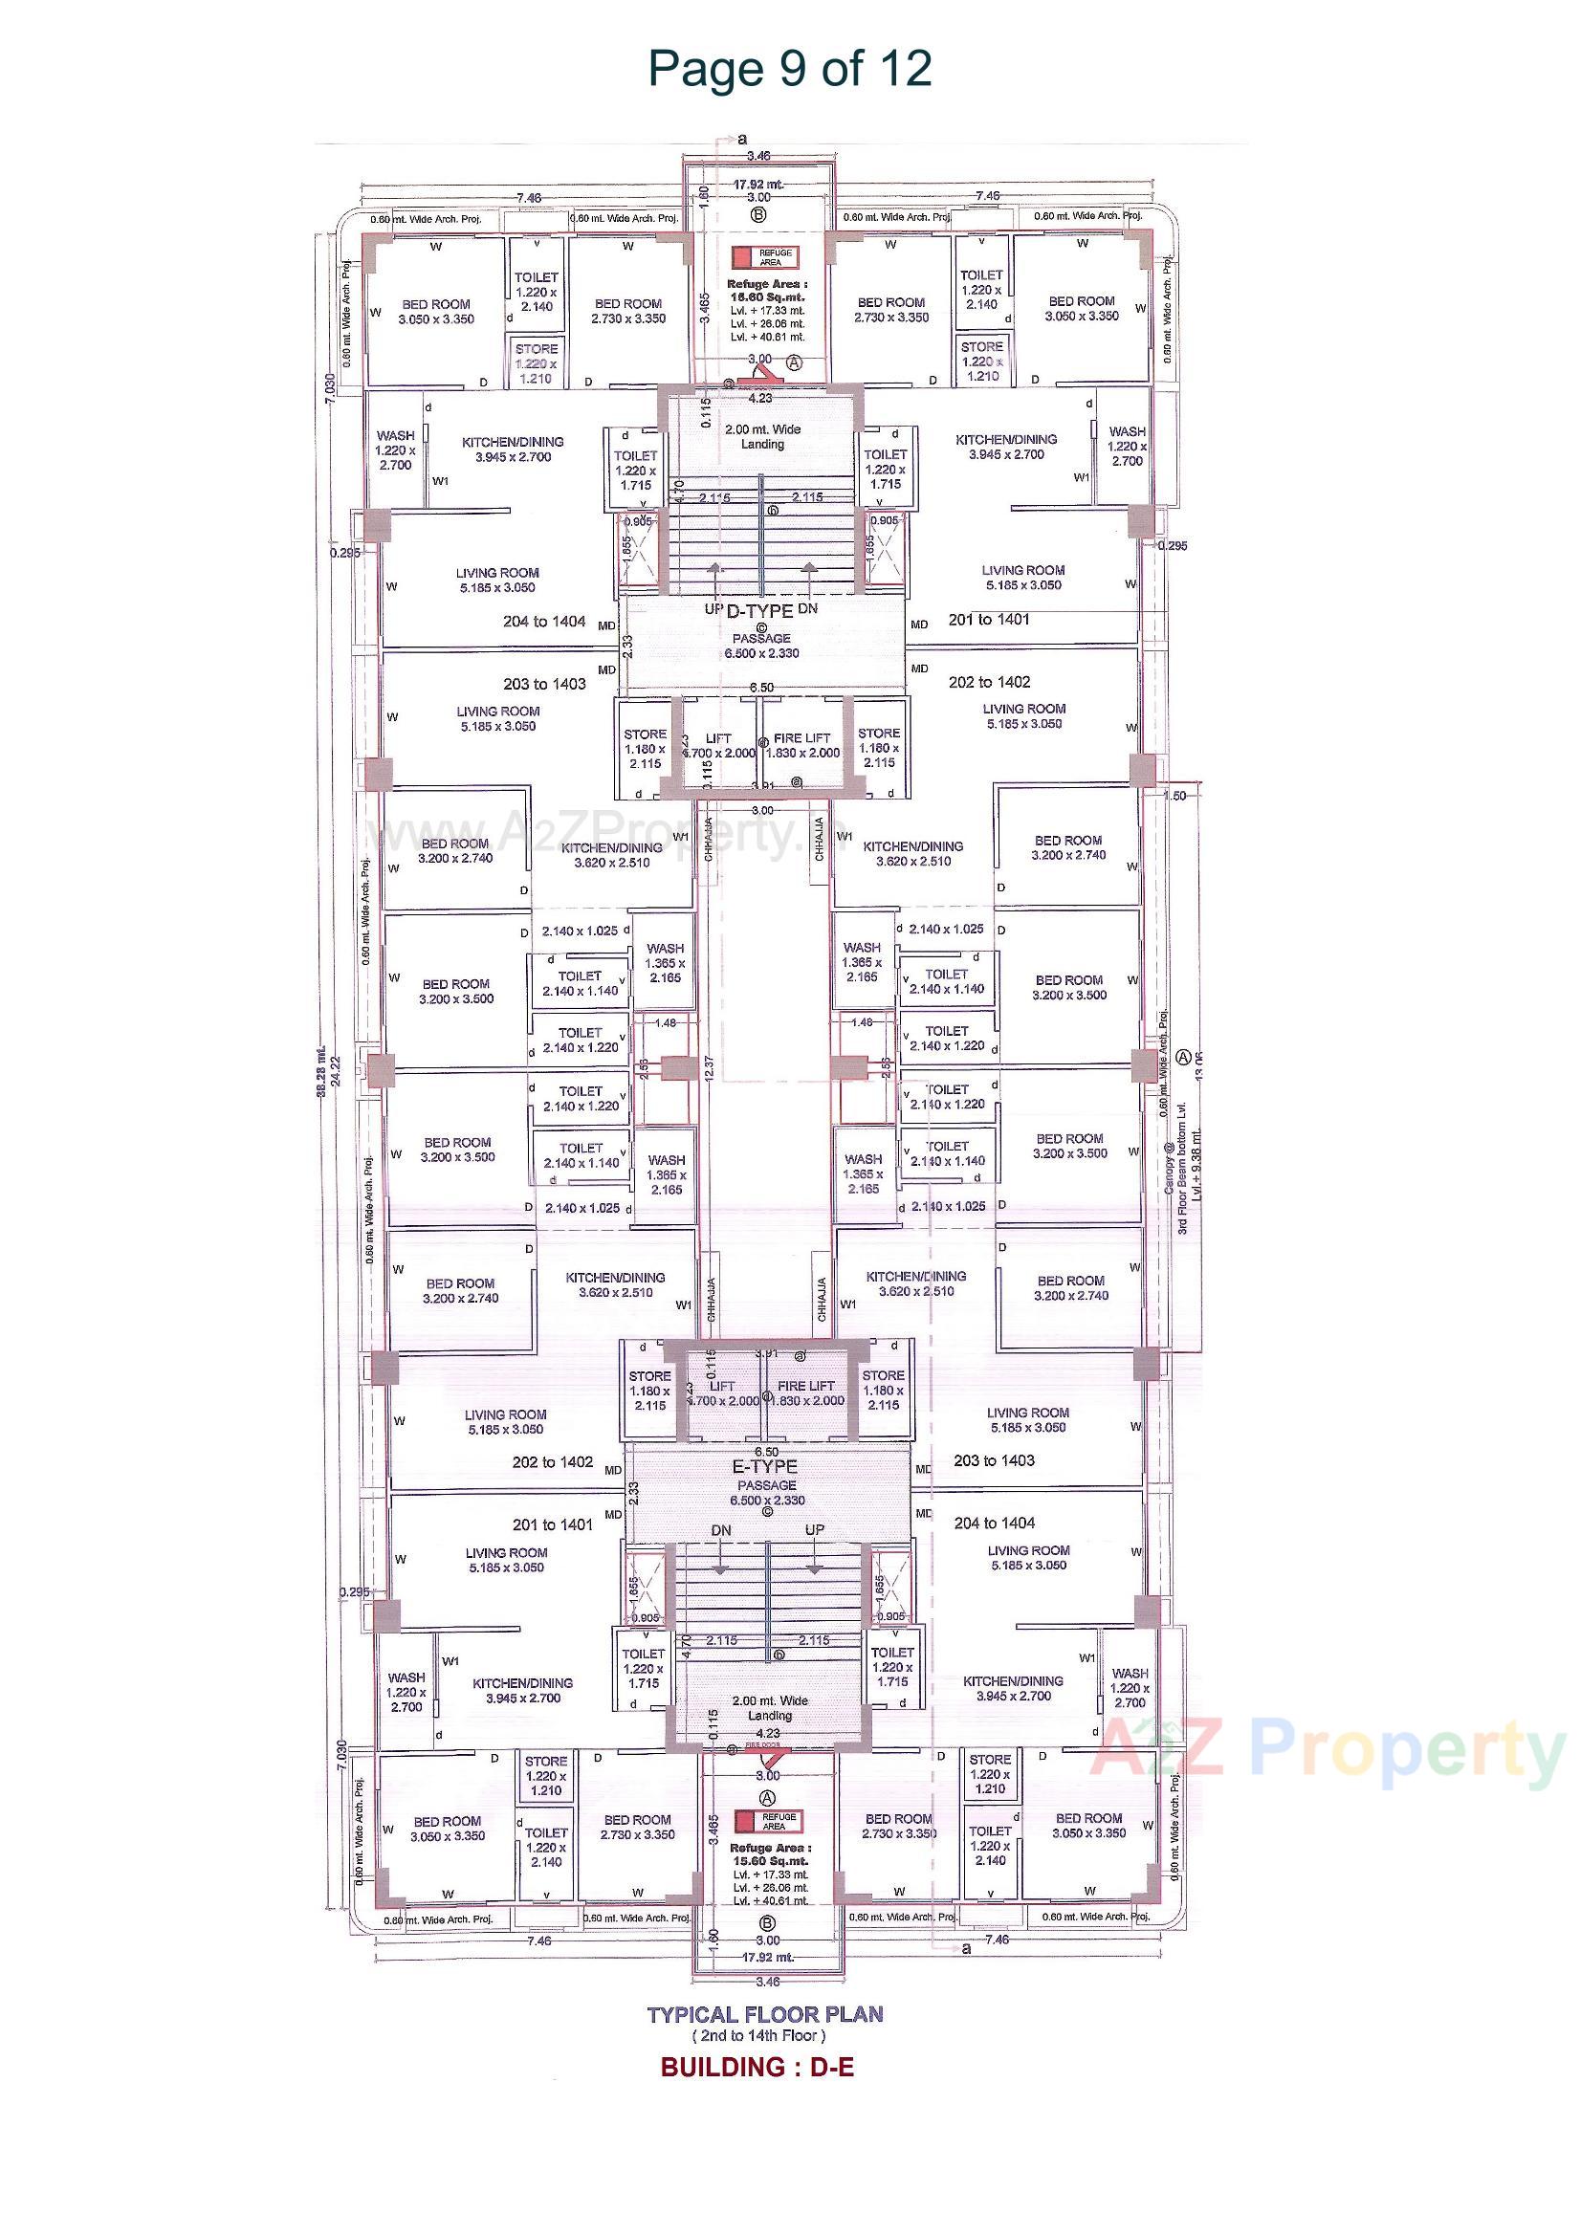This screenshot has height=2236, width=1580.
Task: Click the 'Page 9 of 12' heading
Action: pyautogui.click(x=789, y=69)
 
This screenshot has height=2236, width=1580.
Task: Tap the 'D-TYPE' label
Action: pyautogui.click(x=759, y=611)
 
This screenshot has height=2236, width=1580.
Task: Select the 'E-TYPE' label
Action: pyautogui.click(x=765, y=1467)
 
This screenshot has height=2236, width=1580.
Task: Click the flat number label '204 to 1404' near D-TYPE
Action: pyautogui.click(x=544, y=622)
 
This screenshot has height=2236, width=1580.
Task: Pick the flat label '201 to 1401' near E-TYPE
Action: pyautogui.click(x=552, y=1525)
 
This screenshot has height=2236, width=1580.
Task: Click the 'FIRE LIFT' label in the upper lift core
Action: pyautogui.click(x=801, y=738)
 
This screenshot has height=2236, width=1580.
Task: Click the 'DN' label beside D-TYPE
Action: pyautogui.click(x=806, y=608)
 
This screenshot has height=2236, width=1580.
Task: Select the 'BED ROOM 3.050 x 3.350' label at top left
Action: pyautogui.click(x=435, y=312)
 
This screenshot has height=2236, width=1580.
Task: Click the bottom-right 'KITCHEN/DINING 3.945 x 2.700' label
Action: pyautogui.click(x=1013, y=1688)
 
